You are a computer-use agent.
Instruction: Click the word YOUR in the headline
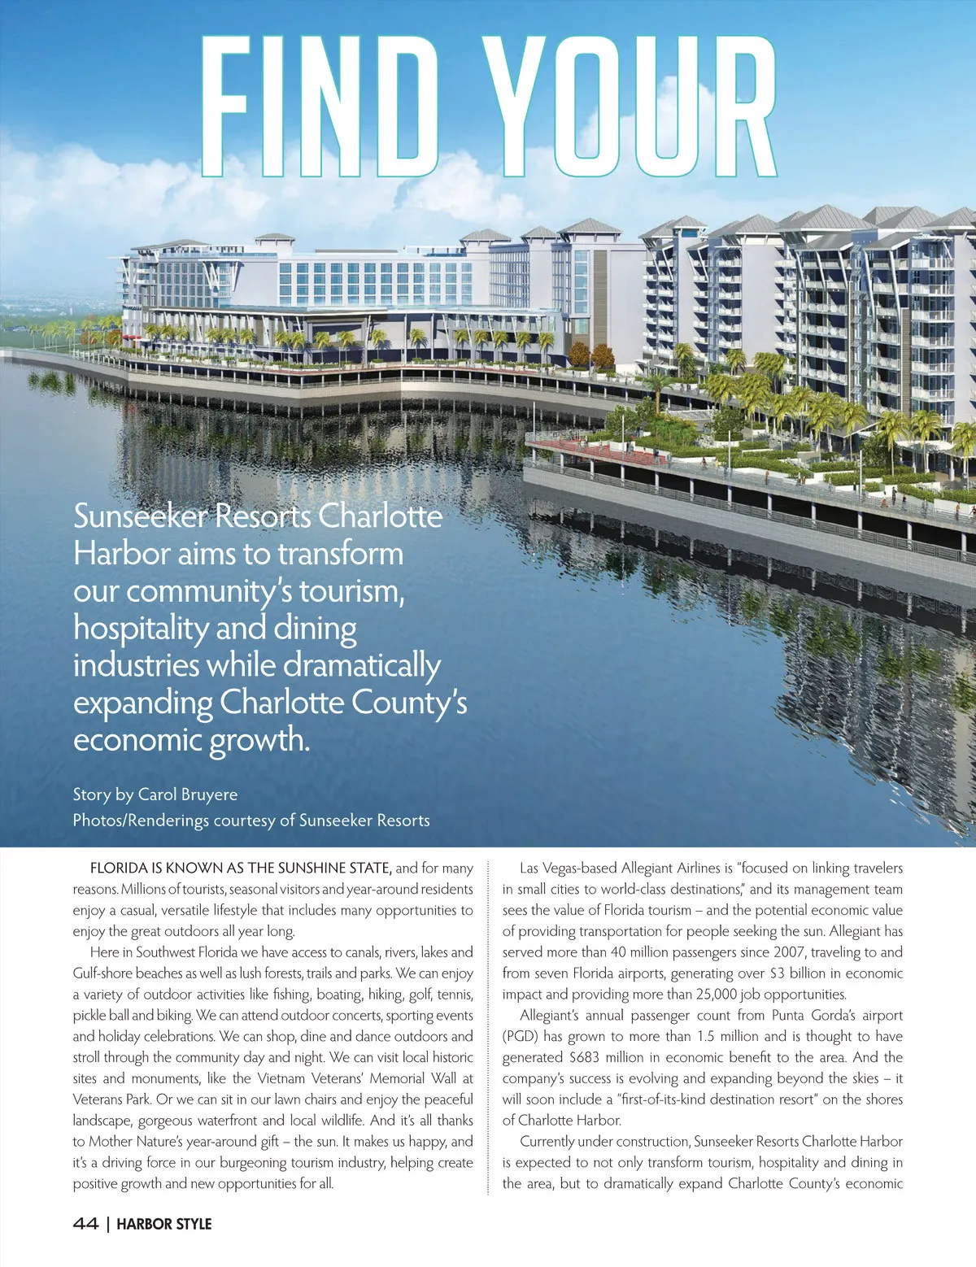[x=630, y=106]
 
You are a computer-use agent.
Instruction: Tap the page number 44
[x=85, y=1224]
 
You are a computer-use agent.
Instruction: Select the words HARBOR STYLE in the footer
[x=164, y=1224]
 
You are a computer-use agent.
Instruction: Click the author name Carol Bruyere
[x=188, y=795]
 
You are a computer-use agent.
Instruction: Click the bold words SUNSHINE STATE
[x=334, y=869]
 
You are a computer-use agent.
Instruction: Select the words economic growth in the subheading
[x=191, y=740]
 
